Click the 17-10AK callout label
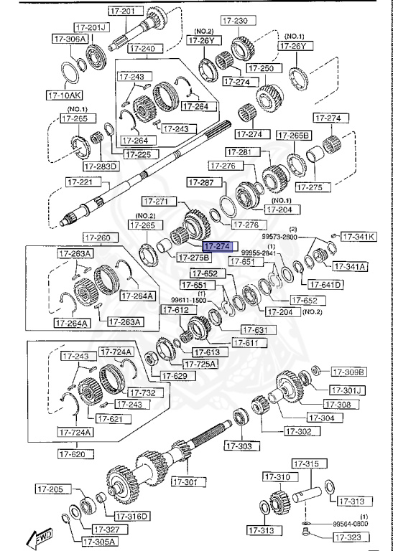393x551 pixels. click(x=65, y=94)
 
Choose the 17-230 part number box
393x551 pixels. click(x=236, y=21)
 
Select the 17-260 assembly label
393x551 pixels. click(x=97, y=237)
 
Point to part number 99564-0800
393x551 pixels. click(x=350, y=524)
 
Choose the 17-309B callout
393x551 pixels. click(x=348, y=372)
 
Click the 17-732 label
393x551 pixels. click(x=142, y=392)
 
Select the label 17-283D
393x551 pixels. click(x=100, y=166)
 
